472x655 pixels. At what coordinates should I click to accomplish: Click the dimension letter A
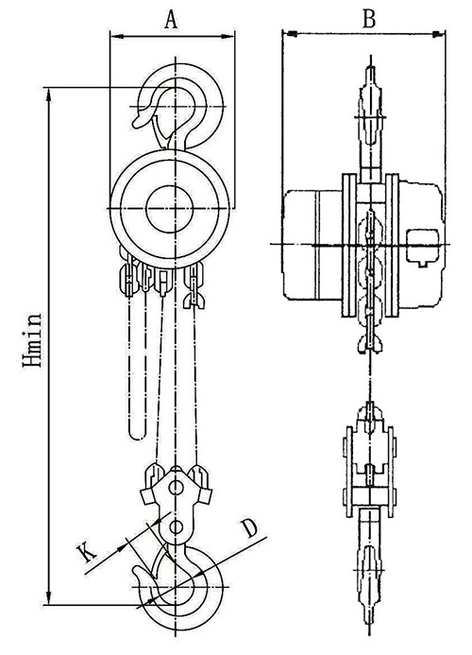pyautogui.click(x=171, y=19)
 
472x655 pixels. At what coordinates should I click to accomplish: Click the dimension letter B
pyautogui.click(x=369, y=18)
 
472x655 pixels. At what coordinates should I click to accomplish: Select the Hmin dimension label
pyautogui.click(x=32, y=339)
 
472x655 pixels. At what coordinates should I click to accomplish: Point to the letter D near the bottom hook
pyautogui.click(x=249, y=528)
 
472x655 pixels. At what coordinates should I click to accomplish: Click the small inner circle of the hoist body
pyautogui.click(x=170, y=208)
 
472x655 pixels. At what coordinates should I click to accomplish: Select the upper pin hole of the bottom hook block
pyautogui.click(x=176, y=487)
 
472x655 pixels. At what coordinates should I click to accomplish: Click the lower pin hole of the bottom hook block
pyautogui.click(x=176, y=527)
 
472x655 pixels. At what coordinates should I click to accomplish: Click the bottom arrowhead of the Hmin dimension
pyautogui.click(x=50, y=597)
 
